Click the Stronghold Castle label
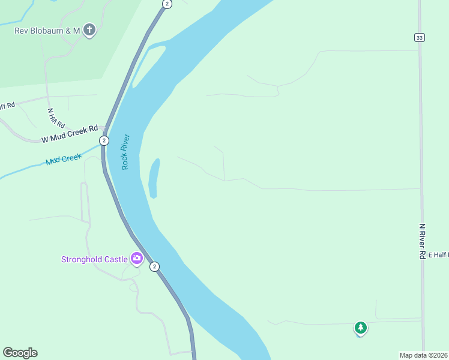[94, 259]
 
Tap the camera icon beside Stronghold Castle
[137, 259]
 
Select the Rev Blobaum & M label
[47, 30]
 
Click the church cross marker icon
[89, 29]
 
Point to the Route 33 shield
[419, 37]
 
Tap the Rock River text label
[126, 151]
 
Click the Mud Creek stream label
[63, 160]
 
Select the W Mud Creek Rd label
[69, 134]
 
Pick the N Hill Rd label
[56, 117]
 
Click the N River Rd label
[423, 241]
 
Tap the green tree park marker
[360, 328]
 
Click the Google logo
[20, 353]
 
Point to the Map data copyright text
[424, 355]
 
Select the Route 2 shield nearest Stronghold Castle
[154, 266]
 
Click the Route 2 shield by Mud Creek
[104, 140]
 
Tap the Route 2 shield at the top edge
[167, 4]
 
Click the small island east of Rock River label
[154, 178]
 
